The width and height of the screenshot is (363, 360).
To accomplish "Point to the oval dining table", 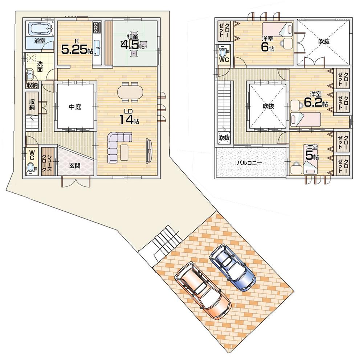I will click(130, 91).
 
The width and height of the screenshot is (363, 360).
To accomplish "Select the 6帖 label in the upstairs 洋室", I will click(267, 46).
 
